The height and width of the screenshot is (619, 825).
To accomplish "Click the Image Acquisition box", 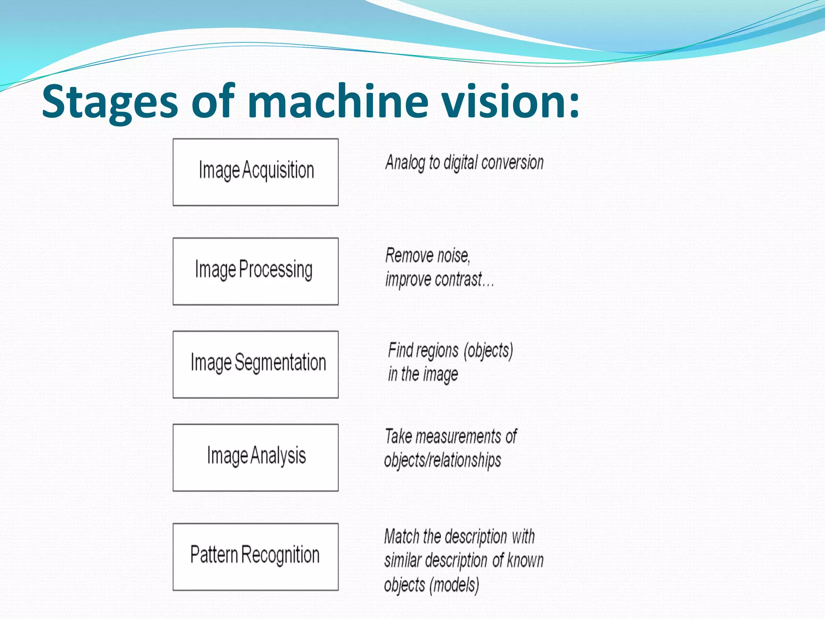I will click(x=255, y=172).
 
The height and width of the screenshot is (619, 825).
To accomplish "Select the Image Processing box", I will click(x=255, y=271).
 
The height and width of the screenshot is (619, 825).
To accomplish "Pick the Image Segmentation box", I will click(x=255, y=364).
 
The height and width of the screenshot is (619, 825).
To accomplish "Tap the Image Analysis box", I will click(x=255, y=457).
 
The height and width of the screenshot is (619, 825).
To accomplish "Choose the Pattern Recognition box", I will click(x=255, y=557).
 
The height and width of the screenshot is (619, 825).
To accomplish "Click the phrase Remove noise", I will click(x=427, y=255).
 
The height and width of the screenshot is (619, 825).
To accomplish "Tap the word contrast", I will click(x=458, y=279).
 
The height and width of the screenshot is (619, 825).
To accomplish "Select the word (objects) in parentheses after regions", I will click(x=488, y=351).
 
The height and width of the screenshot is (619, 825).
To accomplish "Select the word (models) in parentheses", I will click(x=454, y=585).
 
